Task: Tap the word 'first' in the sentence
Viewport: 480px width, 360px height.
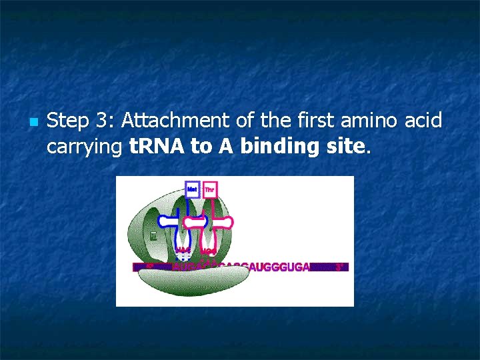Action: click(313, 121)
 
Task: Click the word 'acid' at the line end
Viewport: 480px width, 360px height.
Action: click(425, 121)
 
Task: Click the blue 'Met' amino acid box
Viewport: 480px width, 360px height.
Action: click(192, 189)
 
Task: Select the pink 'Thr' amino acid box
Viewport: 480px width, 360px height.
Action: click(209, 189)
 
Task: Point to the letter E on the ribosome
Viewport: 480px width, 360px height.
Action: click(153, 235)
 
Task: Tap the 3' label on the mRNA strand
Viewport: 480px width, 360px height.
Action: click(339, 267)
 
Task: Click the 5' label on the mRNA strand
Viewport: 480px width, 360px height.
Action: click(149, 266)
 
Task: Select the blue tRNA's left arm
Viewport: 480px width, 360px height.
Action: click(167, 220)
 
